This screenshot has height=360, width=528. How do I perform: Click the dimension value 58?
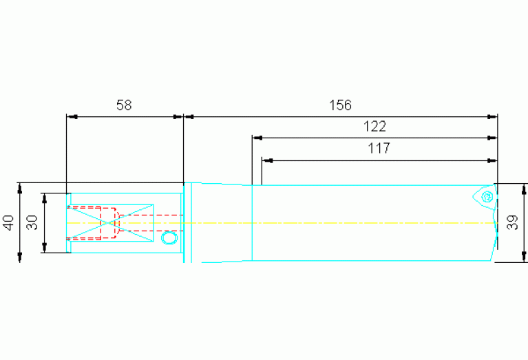124,105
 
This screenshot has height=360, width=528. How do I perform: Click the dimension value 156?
340,105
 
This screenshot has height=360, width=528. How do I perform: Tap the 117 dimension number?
379,148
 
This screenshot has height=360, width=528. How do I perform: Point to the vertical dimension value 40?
8,222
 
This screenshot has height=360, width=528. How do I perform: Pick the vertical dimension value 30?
31,222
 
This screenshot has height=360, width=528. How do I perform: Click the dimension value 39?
512,222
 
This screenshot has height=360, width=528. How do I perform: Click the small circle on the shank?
169,237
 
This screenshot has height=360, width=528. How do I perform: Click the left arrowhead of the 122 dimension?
257,138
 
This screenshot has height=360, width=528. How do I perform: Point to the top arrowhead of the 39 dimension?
524,188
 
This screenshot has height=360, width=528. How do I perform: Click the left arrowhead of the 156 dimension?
189,116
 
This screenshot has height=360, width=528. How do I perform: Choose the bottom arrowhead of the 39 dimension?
524,257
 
